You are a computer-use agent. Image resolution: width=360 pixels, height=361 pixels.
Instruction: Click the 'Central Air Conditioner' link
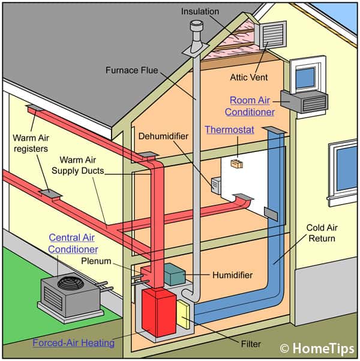pos(73,243)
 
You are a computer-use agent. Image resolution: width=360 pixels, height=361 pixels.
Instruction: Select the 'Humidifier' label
pos(232,275)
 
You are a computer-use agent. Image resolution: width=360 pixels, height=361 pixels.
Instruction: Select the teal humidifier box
pos(175,275)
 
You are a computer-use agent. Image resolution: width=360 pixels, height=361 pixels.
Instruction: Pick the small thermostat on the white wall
pos(236,162)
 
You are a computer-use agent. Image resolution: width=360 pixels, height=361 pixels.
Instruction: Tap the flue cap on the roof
pos(196,27)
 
